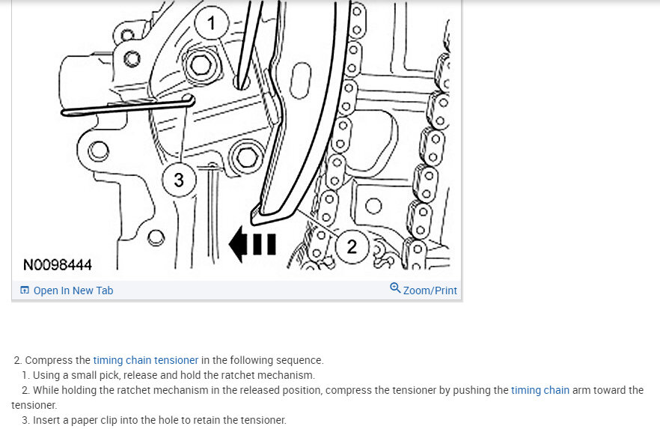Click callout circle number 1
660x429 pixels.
(212, 22)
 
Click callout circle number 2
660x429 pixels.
(352, 247)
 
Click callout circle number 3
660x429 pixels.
(180, 180)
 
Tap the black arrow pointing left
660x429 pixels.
(252, 244)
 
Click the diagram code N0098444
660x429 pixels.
(57, 265)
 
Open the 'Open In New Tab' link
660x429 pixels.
(73, 290)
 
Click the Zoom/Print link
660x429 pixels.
(430, 290)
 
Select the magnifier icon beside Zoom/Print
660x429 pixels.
(395, 288)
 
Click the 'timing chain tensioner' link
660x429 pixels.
(146, 360)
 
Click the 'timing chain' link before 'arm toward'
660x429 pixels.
(540, 390)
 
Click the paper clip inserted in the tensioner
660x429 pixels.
(127, 106)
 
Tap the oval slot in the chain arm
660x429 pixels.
(300, 80)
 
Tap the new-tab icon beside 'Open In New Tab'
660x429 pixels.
(25, 290)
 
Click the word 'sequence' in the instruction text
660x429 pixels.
(302, 361)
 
